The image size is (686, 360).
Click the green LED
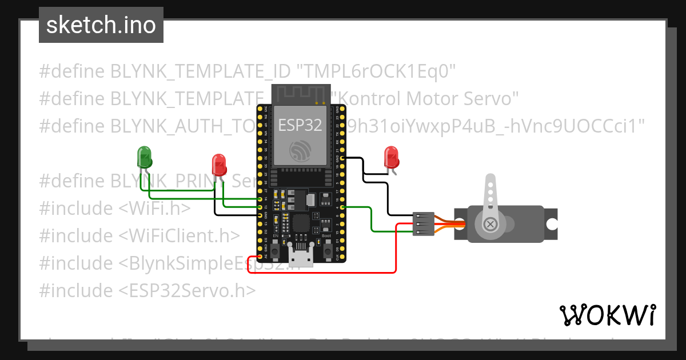click(x=144, y=157)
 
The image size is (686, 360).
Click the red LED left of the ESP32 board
click(x=219, y=165)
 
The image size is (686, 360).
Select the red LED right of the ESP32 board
click(x=391, y=157)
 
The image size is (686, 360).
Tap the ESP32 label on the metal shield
click(x=300, y=125)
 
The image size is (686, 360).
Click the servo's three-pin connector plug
click(x=423, y=223)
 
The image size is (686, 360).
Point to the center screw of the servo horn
click(x=490, y=223)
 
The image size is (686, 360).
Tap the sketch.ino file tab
click(x=101, y=25)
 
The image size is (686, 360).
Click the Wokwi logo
click(x=607, y=315)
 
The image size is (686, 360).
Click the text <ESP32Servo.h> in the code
click(x=187, y=290)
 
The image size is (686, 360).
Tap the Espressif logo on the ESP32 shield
click(x=301, y=151)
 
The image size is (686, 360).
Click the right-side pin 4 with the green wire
click(x=342, y=207)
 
